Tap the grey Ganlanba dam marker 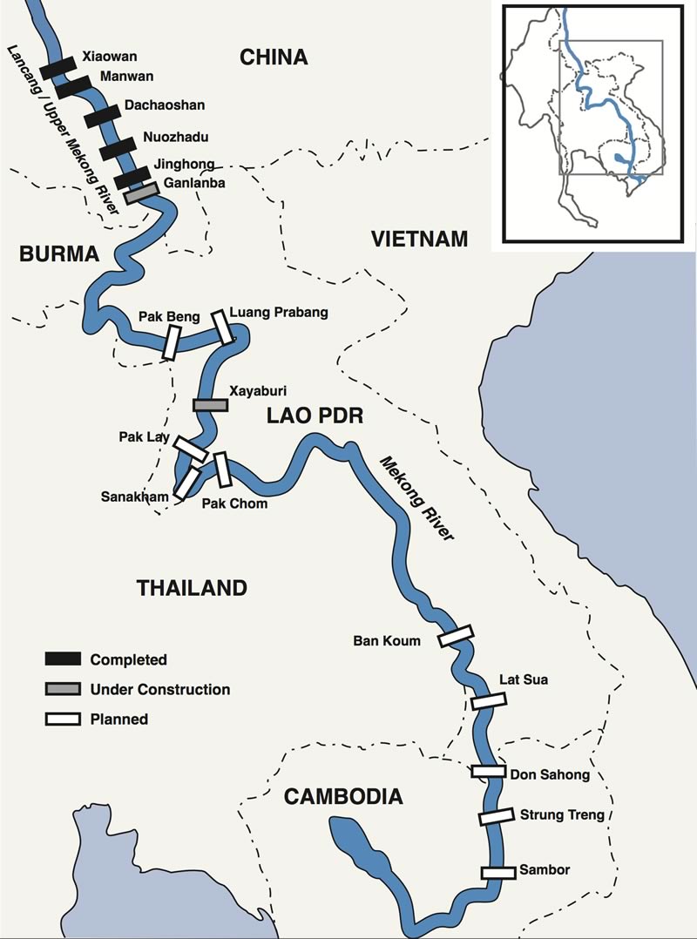tap(140, 193)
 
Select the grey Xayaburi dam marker tap(209, 405)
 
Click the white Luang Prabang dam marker tap(223, 326)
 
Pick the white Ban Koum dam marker tap(455, 636)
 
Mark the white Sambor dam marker tap(498, 872)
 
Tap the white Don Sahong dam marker tap(489, 771)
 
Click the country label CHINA tap(274, 57)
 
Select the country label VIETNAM tap(419, 239)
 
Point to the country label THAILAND tap(192, 588)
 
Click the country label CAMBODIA tap(344, 795)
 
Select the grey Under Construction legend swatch tap(63, 689)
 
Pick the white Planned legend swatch tap(63, 719)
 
